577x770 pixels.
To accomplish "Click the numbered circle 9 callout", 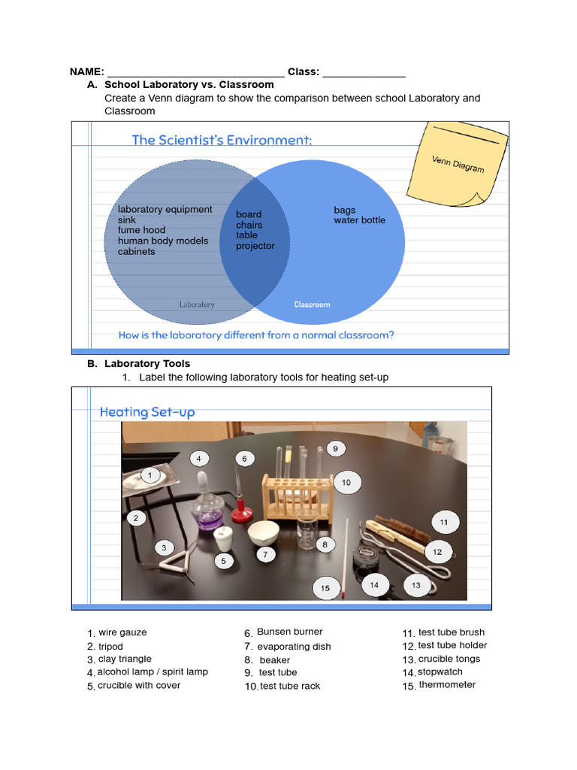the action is tap(335, 449).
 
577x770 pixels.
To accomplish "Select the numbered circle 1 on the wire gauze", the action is tap(150, 475).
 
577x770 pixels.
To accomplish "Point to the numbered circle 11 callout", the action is tap(444, 522).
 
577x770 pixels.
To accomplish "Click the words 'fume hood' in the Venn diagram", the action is tap(141, 230).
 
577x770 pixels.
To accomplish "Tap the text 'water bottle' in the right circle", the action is tap(359, 220).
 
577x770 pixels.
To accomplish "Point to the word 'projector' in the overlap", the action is tap(255, 246).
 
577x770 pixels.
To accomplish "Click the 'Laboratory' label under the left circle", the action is tap(197, 305).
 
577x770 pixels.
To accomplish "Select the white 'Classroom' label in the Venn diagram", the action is tap(312, 305).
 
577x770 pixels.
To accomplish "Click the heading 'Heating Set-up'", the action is tap(147, 412).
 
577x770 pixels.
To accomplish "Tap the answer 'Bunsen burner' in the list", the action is tap(289, 632).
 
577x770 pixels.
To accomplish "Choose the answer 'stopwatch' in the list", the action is tap(440, 672).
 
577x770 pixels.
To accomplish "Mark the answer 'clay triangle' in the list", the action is tap(125, 659).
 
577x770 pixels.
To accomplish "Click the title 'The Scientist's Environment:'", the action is tap(222, 140).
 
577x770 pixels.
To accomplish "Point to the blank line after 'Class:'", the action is tap(364, 73).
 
